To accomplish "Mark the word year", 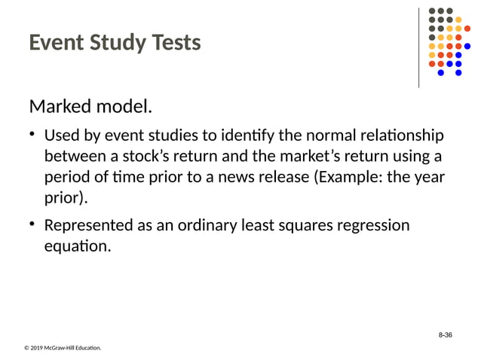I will pos(428,178).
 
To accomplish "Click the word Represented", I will pos(93,226).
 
